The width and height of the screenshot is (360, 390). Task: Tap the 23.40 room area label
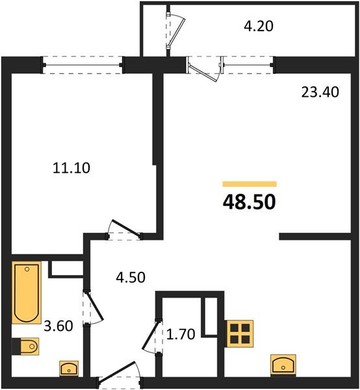tap(318, 93)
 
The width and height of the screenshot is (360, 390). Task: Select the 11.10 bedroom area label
tap(71, 168)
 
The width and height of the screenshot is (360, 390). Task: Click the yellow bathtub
tap(27, 292)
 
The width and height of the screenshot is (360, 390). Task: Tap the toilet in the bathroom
tap(25, 348)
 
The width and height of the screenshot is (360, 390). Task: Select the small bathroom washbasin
tap(68, 369)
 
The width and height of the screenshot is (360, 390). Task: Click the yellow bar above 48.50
tap(250, 185)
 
